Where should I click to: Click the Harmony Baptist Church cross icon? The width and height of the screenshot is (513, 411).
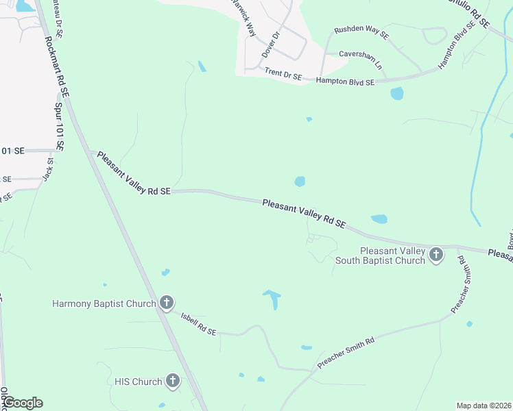(166, 303)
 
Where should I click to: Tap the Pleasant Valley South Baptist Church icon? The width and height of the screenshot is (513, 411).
(436, 256)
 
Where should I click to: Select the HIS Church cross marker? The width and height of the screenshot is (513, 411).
(172, 382)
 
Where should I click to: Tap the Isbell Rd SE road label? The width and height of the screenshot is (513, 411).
(198, 324)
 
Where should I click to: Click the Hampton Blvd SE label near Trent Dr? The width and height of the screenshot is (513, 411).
(346, 82)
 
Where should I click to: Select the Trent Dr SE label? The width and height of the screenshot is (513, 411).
(283, 74)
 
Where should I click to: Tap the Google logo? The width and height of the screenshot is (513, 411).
(23, 403)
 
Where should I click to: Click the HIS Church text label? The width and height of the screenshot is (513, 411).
(138, 382)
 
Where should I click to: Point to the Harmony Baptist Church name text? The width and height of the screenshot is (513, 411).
(104, 303)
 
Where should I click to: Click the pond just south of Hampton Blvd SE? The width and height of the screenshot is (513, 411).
(396, 94)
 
